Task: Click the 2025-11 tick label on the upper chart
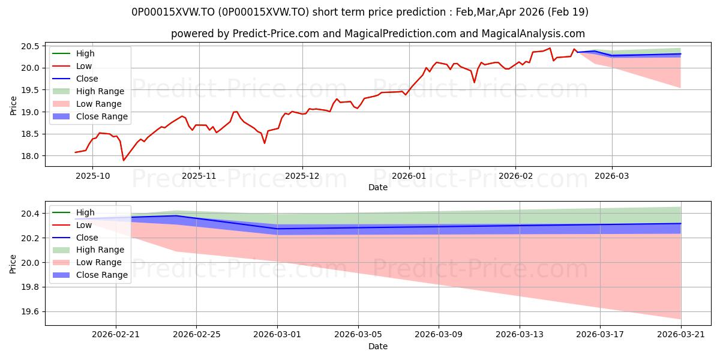(199, 176)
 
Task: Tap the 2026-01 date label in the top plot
(409, 176)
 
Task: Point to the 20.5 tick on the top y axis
(30, 46)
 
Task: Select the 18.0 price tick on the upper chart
(30, 156)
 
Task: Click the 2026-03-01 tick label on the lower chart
(277, 334)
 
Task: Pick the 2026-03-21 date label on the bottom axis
(681, 334)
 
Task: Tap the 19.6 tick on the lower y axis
(30, 312)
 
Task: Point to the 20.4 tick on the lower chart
(30, 214)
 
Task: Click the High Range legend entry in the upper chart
(100, 91)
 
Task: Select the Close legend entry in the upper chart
(87, 79)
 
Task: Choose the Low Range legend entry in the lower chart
(98, 262)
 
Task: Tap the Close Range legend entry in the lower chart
(102, 275)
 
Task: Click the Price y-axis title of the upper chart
(13, 106)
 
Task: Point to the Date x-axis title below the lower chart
(378, 346)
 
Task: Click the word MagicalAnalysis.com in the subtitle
(533, 34)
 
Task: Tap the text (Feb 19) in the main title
(568, 12)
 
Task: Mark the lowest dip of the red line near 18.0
(124, 160)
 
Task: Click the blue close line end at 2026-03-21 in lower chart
(681, 223)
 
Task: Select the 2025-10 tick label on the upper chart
(92, 176)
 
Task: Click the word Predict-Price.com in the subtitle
(276, 34)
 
